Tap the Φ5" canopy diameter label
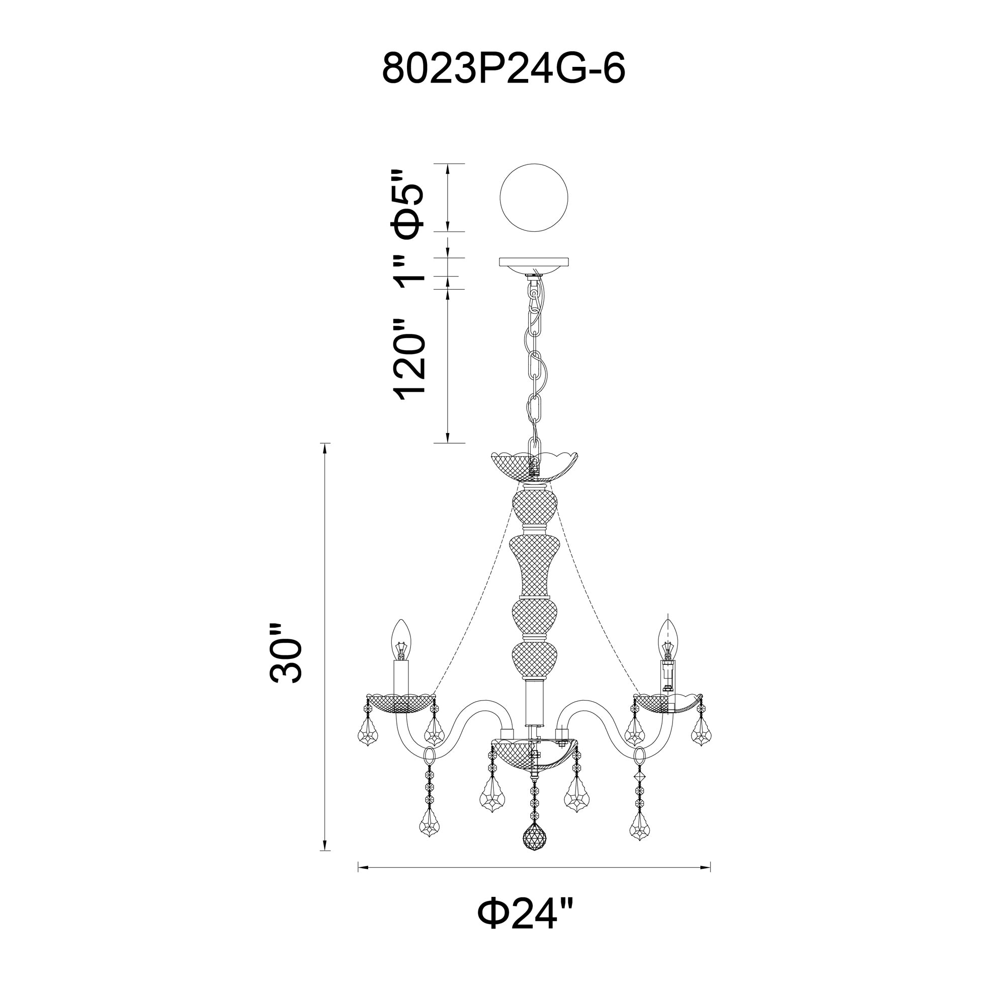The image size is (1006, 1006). (407, 204)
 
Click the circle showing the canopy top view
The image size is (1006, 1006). (534, 197)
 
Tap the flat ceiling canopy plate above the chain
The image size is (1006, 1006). (534, 262)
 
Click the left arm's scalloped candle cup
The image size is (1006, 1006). (401, 704)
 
